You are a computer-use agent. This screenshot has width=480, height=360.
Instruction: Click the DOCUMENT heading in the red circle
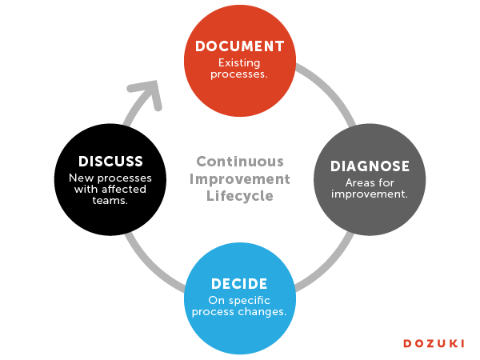coord(239,46)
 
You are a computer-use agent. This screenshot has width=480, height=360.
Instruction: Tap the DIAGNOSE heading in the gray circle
coord(370,166)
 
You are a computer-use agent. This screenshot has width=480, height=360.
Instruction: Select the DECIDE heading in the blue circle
coord(239,284)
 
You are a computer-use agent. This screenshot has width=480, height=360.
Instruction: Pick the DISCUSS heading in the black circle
coord(110,162)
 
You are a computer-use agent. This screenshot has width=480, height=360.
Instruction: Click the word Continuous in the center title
coord(239,160)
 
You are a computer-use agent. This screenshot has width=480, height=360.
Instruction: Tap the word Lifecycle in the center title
coord(239,196)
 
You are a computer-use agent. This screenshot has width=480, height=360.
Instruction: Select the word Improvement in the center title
coord(239,178)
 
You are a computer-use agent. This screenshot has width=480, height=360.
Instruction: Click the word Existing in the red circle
coord(239,62)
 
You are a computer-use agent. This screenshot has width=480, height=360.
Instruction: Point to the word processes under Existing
coord(238,74)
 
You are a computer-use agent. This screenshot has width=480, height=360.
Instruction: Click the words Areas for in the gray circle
coord(370,182)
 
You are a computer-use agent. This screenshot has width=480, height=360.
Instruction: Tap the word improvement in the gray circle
coord(370,194)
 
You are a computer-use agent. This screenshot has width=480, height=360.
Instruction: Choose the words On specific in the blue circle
coord(239,300)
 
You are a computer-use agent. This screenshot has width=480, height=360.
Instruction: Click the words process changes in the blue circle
coord(239,312)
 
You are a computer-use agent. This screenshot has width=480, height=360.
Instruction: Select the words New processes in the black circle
coord(110,178)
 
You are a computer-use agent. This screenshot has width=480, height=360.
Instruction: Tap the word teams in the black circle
coord(110,202)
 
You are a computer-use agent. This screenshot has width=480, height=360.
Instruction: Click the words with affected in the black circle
coord(110,190)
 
